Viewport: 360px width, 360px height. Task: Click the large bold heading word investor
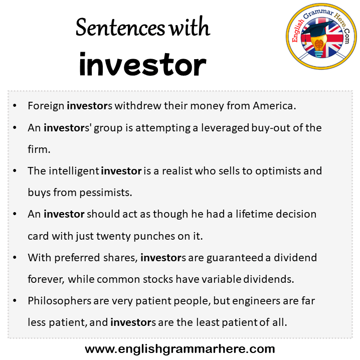[x=142, y=64]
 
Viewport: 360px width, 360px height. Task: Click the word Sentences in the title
[x=120, y=28]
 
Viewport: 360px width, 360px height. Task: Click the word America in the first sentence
[x=274, y=106]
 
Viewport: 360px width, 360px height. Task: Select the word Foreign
[x=46, y=106]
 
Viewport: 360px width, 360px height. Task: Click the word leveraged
[x=225, y=128]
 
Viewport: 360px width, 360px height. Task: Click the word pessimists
[x=106, y=193]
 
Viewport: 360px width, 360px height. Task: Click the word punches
[x=154, y=236]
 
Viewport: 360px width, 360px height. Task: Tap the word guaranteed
[x=235, y=258]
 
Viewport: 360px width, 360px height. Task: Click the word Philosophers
[x=60, y=301]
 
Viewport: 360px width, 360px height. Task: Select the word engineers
[x=256, y=301]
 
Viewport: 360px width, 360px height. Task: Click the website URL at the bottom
[x=180, y=349]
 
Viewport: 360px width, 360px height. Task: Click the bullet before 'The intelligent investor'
[x=15, y=171]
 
